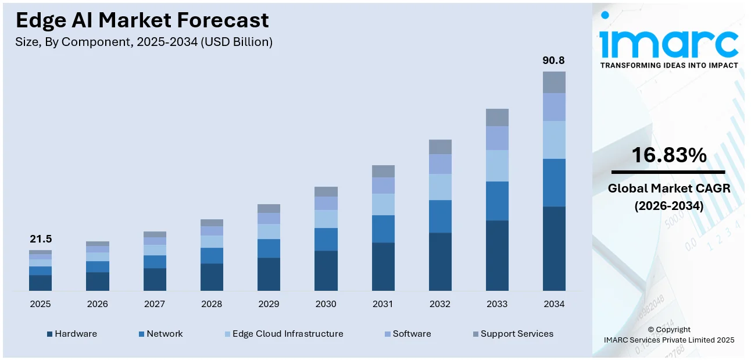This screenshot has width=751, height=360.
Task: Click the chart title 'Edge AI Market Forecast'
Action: tap(142, 20)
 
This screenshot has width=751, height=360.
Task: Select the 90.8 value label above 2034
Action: tap(553, 60)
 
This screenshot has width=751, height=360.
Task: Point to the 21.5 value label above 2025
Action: tap(41, 239)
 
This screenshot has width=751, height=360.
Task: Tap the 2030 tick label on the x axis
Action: tap(326, 304)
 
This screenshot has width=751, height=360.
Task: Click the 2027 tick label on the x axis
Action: tap(155, 304)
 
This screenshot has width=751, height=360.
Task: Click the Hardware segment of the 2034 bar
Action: tap(554, 248)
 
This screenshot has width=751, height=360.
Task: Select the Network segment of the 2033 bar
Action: tap(497, 201)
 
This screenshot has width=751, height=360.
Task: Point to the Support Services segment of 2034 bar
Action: tap(554, 82)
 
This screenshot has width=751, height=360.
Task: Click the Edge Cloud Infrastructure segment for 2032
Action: tap(440, 187)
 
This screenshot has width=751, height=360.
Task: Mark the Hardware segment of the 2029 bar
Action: tap(269, 274)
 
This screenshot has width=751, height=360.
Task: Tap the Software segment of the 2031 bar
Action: tap(383, 186)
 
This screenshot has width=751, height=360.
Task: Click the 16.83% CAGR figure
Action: tap(668, 155)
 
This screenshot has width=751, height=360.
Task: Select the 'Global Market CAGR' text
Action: tap(668, 188)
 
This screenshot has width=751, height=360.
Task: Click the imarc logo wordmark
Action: tap(668, 42)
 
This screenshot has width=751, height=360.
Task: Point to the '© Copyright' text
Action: tap(668, 329)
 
